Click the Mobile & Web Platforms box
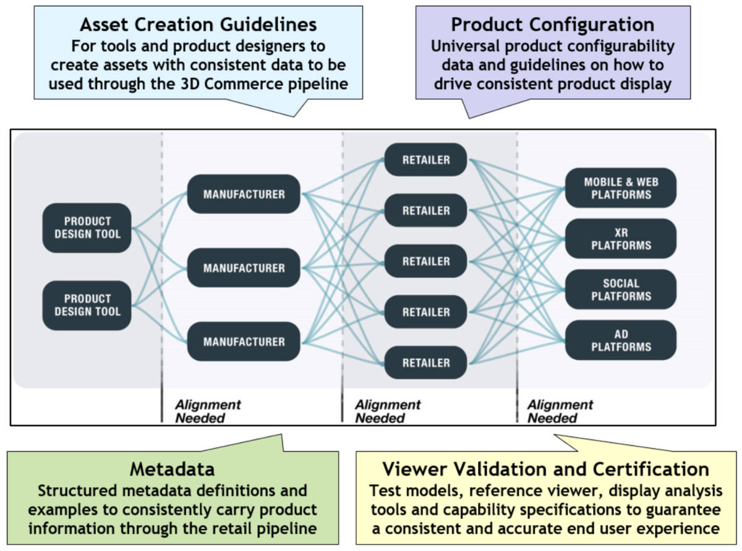[x=621, y=188]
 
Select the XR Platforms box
[x=621, y=239]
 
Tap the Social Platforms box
[x=621, y=289]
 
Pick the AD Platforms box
[x=621, y=340]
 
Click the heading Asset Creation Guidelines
[x=198, y=25]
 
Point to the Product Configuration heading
[x=553, y=25]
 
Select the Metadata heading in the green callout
[x=172, y=469]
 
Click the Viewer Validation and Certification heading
[x=545, y=469]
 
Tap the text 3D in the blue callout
[x=190, y=83]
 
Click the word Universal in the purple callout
[x=466, y=46]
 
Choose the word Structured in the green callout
[x=78, y=491]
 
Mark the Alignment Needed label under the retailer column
[x=388, y=411]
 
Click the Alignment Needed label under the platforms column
[x=560, y=411]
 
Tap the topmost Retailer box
[x=425, y=160]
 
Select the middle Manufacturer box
[x=244, y=268]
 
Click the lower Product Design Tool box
[x=87, y=305]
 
